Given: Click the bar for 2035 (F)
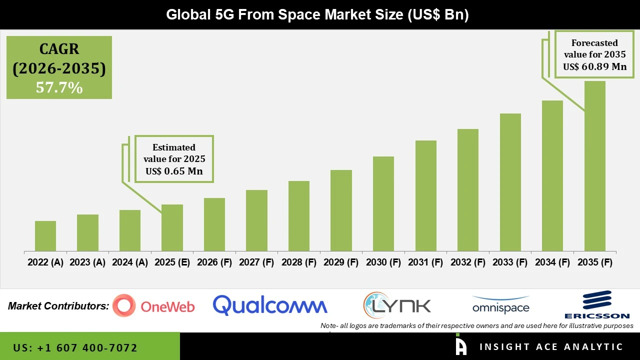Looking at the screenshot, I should (x=594, y=166).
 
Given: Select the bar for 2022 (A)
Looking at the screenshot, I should (x=45, y=236).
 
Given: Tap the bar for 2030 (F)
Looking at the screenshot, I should (x=383, y=203).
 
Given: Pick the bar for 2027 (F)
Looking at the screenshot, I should (x=256, y=220).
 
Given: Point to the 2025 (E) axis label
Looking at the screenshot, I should (x=172, y=262).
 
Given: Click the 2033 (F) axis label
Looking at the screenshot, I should (x=510, y=262).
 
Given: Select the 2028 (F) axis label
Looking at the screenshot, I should (x=299, y=262).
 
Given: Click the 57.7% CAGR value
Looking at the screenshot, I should (x=59, y=87).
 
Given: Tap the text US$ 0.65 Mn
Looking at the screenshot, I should (x=174, y=171).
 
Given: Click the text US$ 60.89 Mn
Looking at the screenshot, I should (x=594, y=66).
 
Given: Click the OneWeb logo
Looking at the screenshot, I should (x=153, y=305).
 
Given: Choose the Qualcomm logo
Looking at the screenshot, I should (x=270, y=305).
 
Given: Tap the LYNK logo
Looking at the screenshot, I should (x=397, y=305).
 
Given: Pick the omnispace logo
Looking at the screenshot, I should (x=500, y=305).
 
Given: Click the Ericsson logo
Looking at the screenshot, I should (x=596, y=304).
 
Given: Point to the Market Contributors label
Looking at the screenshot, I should (x=58, y=306).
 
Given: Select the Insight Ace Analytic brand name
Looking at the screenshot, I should (x=551, y=346).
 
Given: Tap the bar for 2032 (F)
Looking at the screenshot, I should (x=468, y=190).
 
